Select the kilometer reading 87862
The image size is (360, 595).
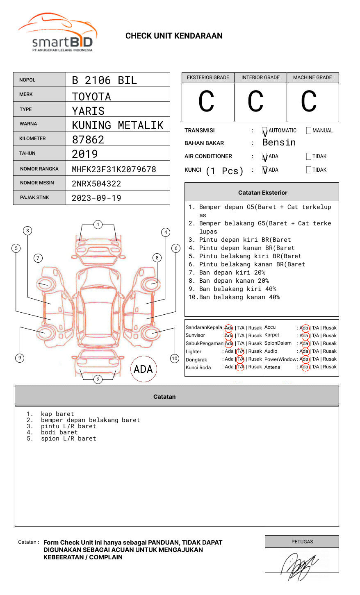[x=88, y=140]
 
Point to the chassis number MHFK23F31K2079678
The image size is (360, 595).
[x=114, y=169]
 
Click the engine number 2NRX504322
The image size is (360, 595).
[x=96, y=184]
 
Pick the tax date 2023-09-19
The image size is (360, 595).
[x=96, y=198]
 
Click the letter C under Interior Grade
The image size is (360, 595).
[x=255, y=102]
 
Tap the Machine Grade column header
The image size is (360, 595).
[x=312, y=77]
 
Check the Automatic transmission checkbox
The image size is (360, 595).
[x=264, y=131]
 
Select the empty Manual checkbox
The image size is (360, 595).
[x=309, y=131]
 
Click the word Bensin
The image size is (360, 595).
[x=279, y=143]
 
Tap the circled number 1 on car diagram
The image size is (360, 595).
[x=98, y=225]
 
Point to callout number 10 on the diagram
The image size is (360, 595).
[x=175, y=359]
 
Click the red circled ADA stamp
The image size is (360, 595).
[x=143, y=369]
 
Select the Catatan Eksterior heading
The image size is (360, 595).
[x=262, y=193]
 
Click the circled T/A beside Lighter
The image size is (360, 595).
[x=240, y=352]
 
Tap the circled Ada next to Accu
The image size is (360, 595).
[x=304, y=328]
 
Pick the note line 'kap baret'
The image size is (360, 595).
[x=57, y=414]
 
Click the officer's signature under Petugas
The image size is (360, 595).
[x=299, y=565]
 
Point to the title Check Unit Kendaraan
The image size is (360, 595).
[x=174, y=36]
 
